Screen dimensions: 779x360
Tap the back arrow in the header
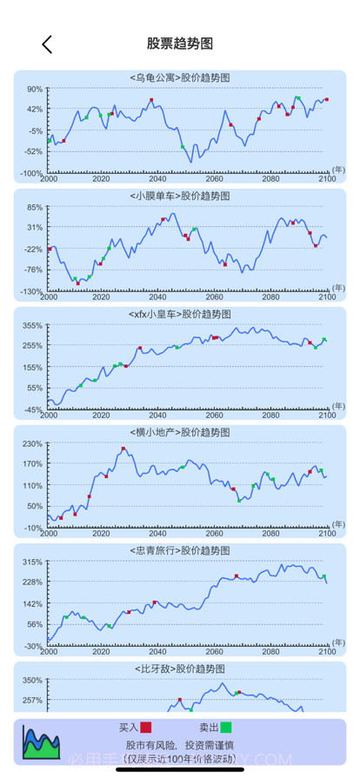[x=47, y=44]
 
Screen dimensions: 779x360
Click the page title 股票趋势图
[x=180, y=43]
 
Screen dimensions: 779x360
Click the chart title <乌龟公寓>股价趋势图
[x=179, y=77]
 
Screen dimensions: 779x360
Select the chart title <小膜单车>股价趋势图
[x=179, y=196]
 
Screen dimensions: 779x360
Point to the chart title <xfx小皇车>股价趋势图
[x=179, y=314]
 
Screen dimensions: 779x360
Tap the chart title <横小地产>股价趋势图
[x=179, y=432]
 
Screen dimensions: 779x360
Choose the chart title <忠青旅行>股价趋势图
[x=179, y=550]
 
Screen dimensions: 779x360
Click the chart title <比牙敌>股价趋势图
[x=179, y=669]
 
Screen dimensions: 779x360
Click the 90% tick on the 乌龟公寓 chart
[x=34, y=89]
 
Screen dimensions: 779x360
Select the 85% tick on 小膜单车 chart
[x=34, y=207]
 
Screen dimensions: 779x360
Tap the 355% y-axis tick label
[x=32, y=325]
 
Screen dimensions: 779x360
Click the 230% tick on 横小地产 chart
[x=32, y=443]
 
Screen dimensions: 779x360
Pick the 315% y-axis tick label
[x=32, y=562]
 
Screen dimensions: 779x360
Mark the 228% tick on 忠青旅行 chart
[x=32, y=582]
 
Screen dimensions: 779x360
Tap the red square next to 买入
[x=146, y=727]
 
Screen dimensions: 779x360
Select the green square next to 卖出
[x=226, y=727]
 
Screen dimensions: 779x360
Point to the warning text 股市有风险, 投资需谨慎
[x=181, y=746]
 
